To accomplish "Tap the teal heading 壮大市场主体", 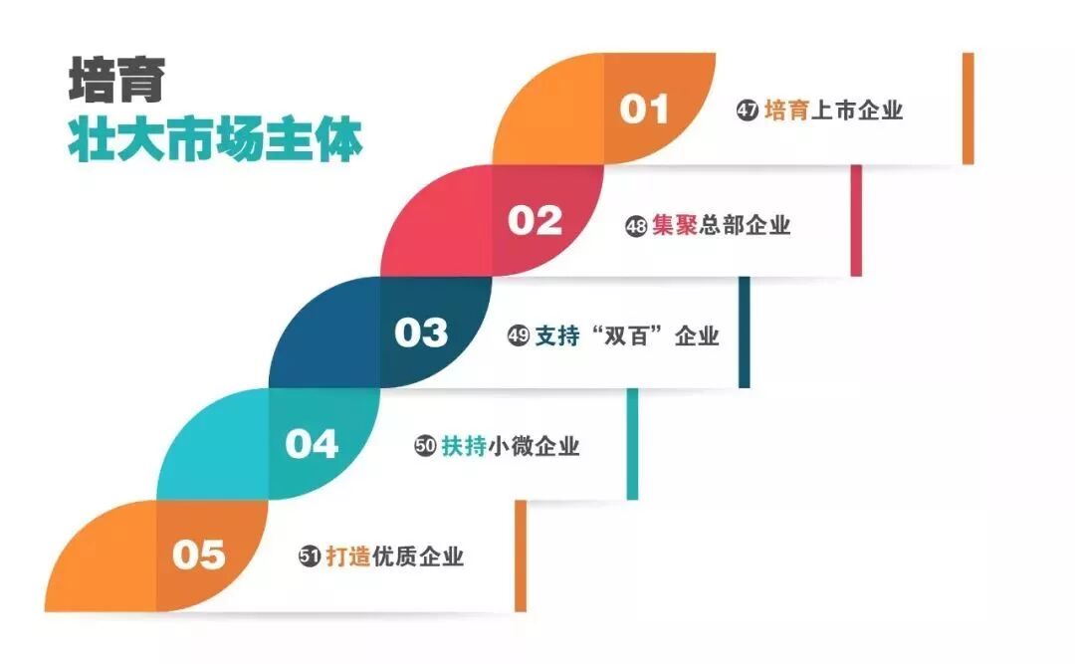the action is (x=215, y=140).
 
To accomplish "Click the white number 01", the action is (x=644, y=109).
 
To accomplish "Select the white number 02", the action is (x=536, y=220).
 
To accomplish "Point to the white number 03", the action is (x=421, y=332).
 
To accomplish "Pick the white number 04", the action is (x=312, y=444).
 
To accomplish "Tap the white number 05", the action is (x=199, y=554).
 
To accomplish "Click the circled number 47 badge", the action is (x=748, y=111).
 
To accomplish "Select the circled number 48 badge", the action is (x=636, y=226).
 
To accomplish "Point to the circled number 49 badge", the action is (x=518, y=336).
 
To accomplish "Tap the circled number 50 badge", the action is (x=425, y=447).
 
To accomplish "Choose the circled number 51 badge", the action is (x=310, y=557).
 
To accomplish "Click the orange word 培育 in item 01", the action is (x=786, y=111).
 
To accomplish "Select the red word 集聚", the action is (x=675, y=225).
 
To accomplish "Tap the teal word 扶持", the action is (x=464, y=446).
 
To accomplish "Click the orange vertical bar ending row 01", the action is (x=967, y=108).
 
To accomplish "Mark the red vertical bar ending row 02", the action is (x=856, y=220).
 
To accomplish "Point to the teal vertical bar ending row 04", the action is (x=632, y=444).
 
